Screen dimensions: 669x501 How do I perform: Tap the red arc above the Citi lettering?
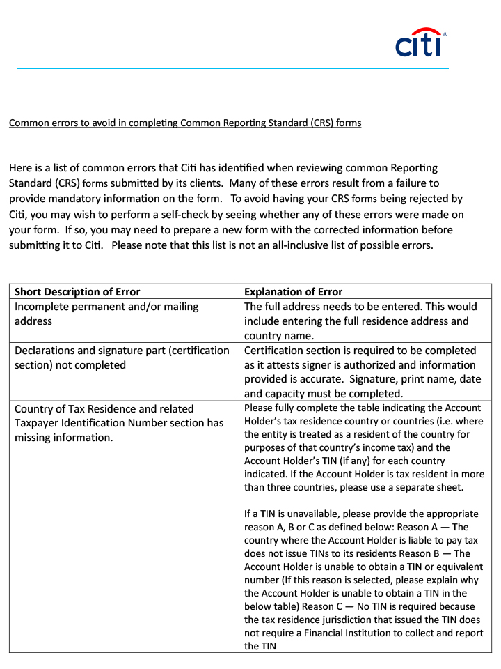click(426, 31)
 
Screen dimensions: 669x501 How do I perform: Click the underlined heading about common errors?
click(184, 123)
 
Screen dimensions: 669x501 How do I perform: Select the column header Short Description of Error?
click(77, 292)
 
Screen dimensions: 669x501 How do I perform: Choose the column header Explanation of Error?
click(293, 292)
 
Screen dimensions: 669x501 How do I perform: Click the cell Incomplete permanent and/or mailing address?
click(106, 314)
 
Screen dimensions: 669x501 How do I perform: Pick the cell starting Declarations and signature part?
click(122, 357)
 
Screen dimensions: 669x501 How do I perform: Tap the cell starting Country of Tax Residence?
click(119, 423)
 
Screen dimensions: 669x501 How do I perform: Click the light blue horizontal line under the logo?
click(233, 69)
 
